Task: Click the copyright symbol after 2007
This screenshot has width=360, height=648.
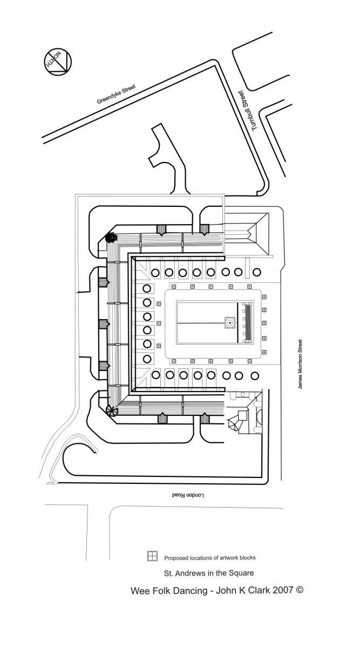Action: point(300,590)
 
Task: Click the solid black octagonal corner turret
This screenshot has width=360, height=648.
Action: point(111,237)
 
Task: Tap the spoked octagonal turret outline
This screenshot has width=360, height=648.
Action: point(112,411)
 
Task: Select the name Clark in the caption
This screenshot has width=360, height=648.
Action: point(255,591)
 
